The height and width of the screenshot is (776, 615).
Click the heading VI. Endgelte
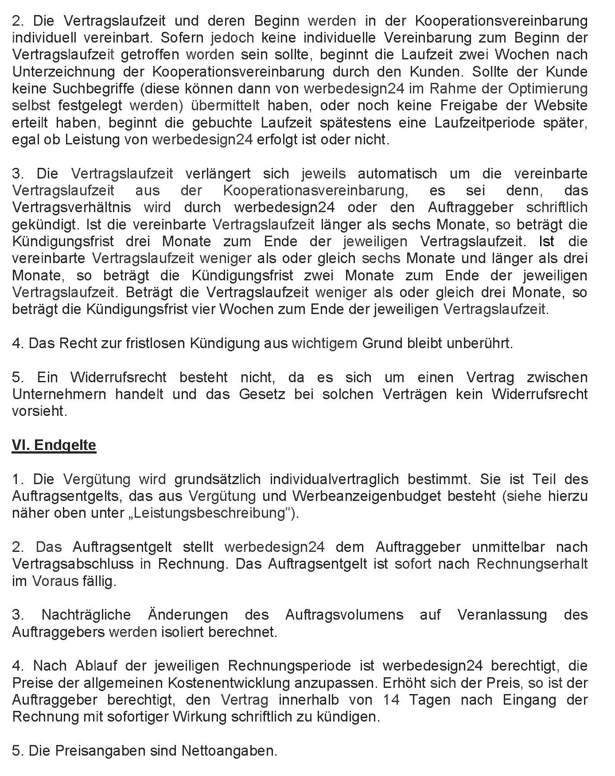pos(54,445)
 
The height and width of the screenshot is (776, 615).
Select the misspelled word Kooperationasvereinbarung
pos(314,190)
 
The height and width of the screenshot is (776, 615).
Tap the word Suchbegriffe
pos(93,89)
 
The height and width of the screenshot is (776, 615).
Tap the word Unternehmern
pos(59,394)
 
